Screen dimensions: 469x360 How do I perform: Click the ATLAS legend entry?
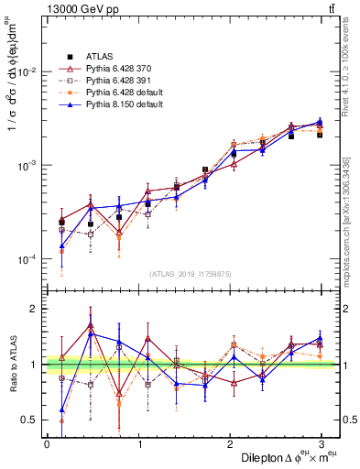(98, 58)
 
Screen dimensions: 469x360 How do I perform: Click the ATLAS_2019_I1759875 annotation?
(191, 274)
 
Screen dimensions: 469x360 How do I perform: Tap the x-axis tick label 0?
(47, 443)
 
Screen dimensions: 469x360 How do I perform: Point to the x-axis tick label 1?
(138, 443)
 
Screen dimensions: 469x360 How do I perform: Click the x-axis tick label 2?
(230, 443)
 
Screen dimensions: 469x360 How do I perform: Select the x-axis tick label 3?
(322, 443)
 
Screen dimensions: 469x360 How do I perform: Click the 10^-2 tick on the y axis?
(28, 71)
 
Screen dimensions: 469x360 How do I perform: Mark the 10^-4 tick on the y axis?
(28, 260)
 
